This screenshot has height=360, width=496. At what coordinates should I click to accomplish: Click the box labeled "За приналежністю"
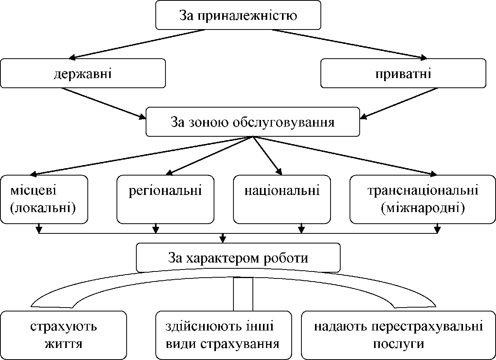pos(238,15)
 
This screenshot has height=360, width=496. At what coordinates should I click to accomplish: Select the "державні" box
pos(83,73)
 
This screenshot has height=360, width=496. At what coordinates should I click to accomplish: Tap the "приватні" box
pos(403,73)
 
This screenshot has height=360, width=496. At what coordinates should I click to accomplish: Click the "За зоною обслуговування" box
pos(252,122)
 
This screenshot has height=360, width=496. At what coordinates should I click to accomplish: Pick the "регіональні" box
pos(165,199)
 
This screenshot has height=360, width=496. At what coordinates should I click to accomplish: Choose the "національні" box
pos(282,199)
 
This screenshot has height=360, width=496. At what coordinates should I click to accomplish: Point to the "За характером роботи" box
pos(238,257)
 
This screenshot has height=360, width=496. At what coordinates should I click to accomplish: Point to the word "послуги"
pos(399,344)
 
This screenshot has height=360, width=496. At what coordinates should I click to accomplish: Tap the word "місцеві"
pos(33,191)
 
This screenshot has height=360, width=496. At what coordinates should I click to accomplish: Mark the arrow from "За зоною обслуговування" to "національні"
pos(267,155)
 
